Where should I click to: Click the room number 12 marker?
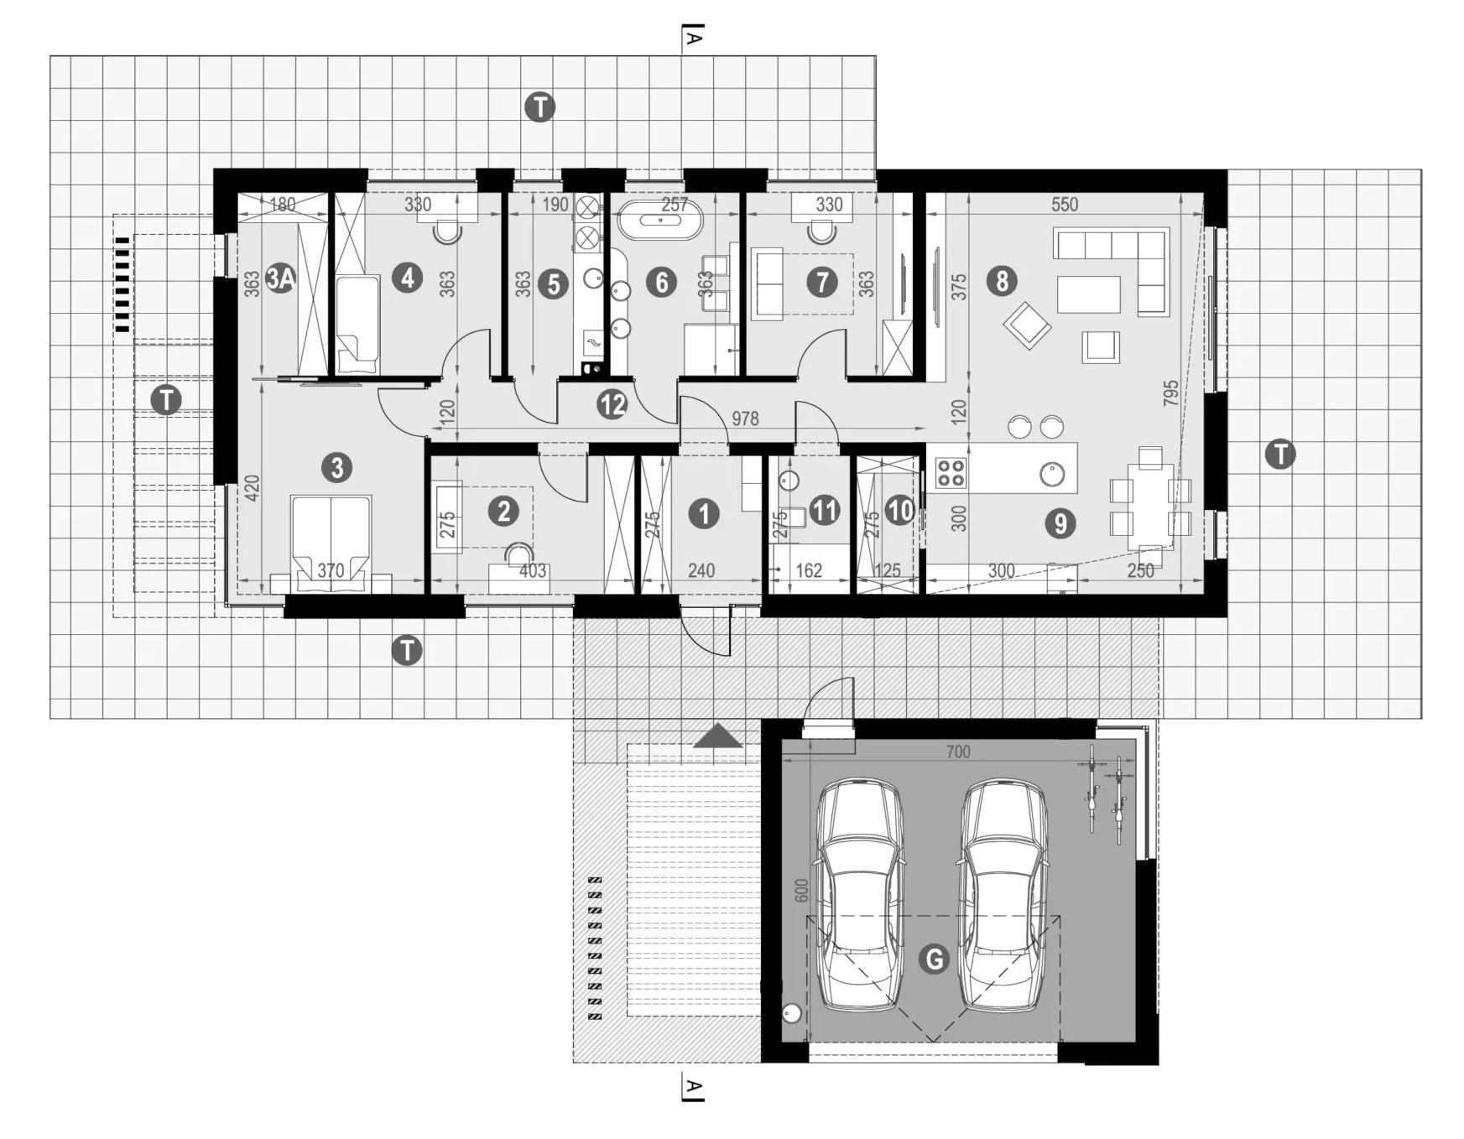click(x=612, y=405)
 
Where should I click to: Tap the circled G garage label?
click(x=934, y=958)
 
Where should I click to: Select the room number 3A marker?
click(x=280, y=278)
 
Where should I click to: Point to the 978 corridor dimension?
click(x=745, y=418)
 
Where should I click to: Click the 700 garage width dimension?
click(x=958, y=752)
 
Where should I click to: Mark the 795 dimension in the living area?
click(x=1171, y=393)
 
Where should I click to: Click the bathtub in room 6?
click(x=661, y=221)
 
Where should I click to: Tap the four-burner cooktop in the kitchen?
click(x=951, y=473)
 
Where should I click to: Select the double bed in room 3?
click(x=331, y=540)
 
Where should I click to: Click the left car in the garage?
click(x=861, y=894)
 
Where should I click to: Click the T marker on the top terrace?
click(x=539, y=107)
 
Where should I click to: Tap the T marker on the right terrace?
click(x=1280, y=455)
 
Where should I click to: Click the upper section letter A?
click(x=694, y=37)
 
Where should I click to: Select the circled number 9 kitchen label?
click(x=1060, y=523)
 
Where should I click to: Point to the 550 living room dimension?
click(x=1064, y=204)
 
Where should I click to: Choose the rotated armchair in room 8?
click(x=1027, y=325)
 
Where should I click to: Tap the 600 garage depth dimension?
click(x=801, y=891)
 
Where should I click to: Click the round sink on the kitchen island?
click(x=1052, y=475)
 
